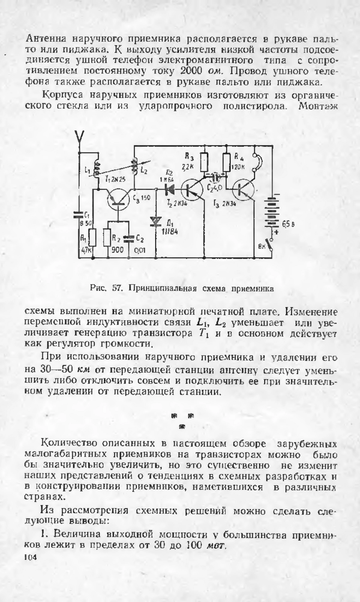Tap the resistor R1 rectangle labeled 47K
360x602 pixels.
coord(92,237)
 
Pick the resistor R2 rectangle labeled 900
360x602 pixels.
coord(107,237)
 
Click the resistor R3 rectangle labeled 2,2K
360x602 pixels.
coord(204,162)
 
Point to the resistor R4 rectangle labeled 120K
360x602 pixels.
coord(226,162)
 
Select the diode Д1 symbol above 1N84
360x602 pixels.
coord(156,222)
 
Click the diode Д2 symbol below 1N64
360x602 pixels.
coord(170,189)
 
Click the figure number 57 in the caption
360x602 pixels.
coord(116,289)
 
